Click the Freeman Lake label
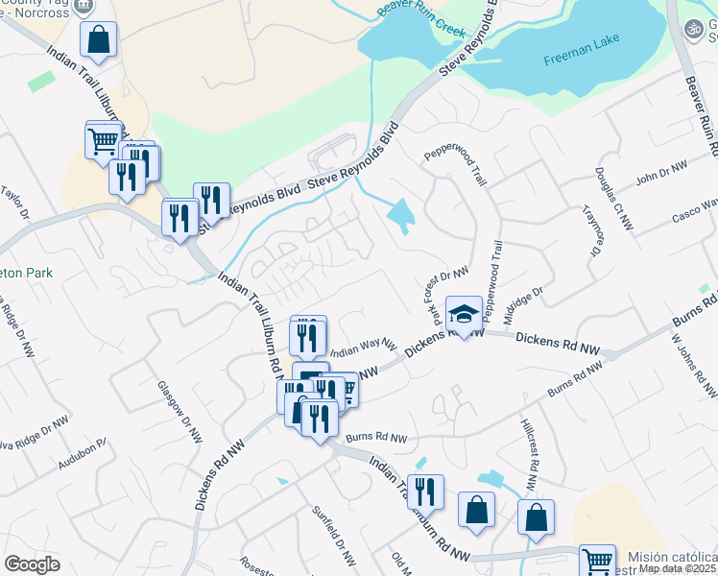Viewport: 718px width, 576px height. coord(583,50)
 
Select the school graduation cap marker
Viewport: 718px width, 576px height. coord(464,315)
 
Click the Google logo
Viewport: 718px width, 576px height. coord(32,564)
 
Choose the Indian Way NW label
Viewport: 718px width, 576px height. coord(364,348)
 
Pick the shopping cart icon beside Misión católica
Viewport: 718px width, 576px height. coord(599,561)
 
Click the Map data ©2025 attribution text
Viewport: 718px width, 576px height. coord(678,568)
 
